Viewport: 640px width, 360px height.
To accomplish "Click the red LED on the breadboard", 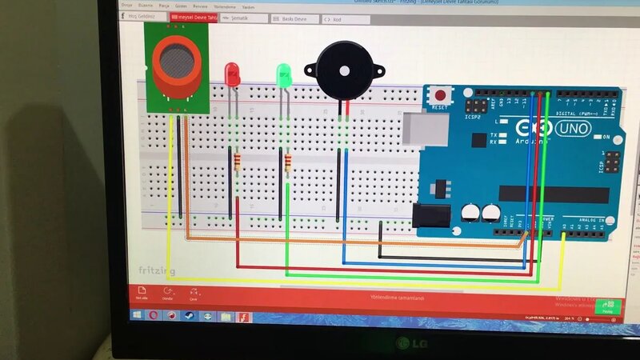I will [x=233, y=74].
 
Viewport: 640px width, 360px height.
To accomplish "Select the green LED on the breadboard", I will [x=283, y=74].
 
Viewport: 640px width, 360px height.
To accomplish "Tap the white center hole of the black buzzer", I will [x=345, y=70].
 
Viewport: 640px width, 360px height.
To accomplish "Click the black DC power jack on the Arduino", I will [x=432, y=218].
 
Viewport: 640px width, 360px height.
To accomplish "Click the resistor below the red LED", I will [x=236, y=163].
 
